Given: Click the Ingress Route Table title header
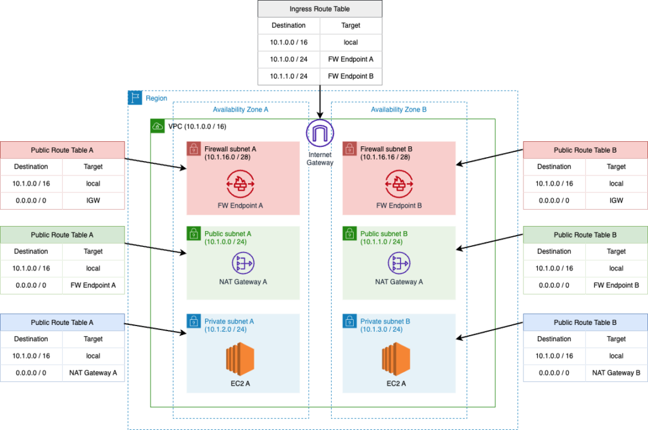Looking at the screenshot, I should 320,9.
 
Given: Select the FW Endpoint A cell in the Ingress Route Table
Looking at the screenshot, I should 351,60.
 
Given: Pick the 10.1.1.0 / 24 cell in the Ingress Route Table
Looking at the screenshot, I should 289,77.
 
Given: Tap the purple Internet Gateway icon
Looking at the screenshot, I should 320,134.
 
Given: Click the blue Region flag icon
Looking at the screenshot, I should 135,98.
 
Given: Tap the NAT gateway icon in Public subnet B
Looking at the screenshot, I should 399,263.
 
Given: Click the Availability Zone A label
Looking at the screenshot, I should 240,110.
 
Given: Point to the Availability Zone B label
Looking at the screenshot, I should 399,110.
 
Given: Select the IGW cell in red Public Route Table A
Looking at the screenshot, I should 93,200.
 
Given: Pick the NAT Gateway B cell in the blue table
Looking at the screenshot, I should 616,372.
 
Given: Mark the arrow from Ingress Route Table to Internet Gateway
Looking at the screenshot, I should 320,101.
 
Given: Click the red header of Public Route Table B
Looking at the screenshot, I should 585,150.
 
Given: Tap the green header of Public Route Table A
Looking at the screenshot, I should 62,235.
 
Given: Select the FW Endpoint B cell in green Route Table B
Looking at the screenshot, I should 616,285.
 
